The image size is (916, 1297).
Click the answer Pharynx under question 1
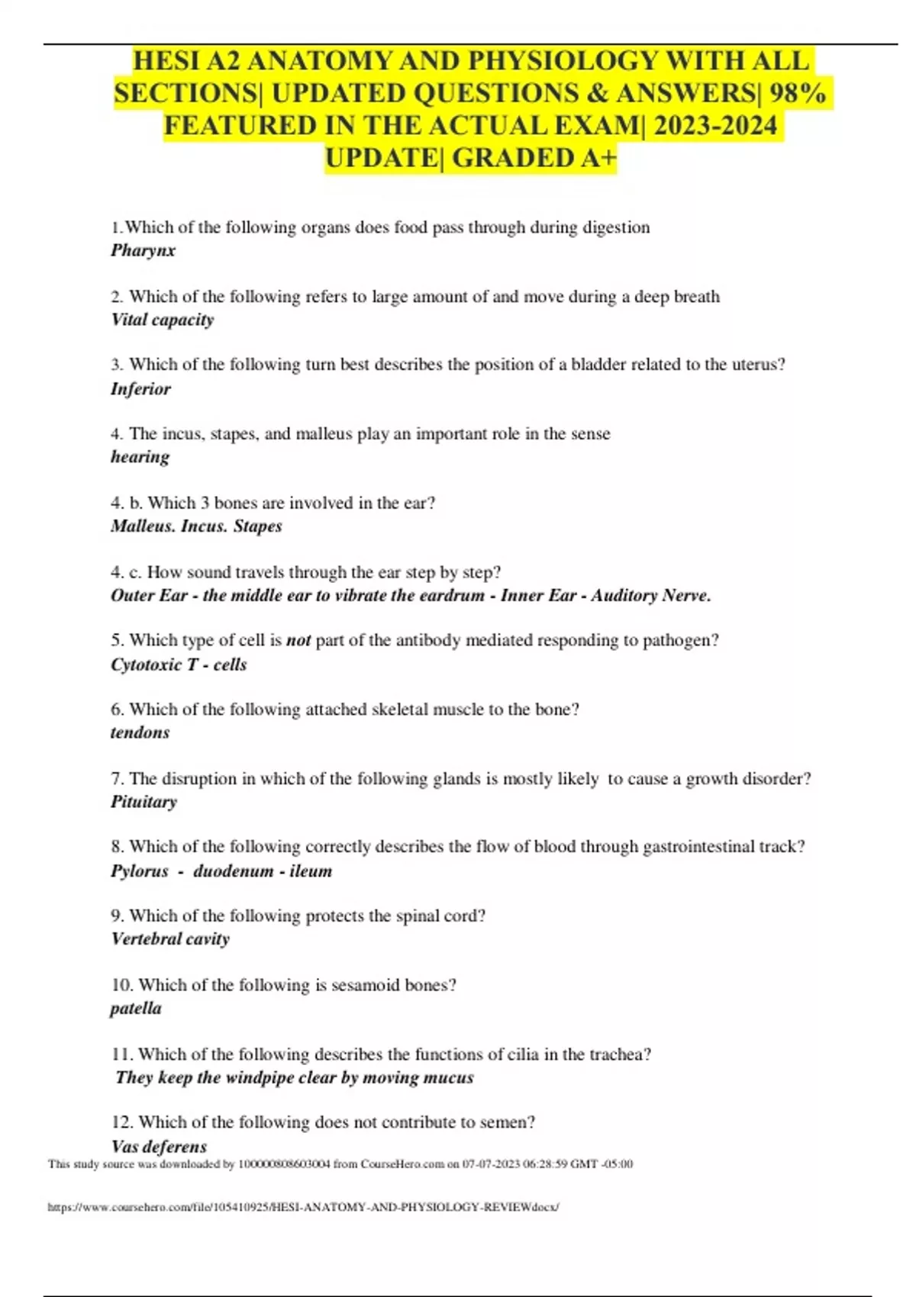[143, 250]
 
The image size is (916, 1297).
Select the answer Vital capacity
[162, 320]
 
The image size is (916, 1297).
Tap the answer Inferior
[140, 389]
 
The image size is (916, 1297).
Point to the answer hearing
[140, 457]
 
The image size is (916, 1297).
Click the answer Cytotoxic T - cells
[179, 665]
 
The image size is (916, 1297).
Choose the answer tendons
[140, 732]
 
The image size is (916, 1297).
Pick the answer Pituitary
[144, 802]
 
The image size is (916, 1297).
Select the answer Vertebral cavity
[170, 939]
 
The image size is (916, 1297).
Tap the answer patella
[136, 1009]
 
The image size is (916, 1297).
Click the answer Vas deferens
[159, 1146]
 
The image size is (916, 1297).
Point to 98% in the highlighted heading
[797, 93]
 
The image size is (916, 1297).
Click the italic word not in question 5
[298, 641]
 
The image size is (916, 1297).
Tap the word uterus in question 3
[753, 365]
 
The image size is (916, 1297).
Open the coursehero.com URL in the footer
[303, 1207]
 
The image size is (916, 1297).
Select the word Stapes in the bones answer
[258, 526]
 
